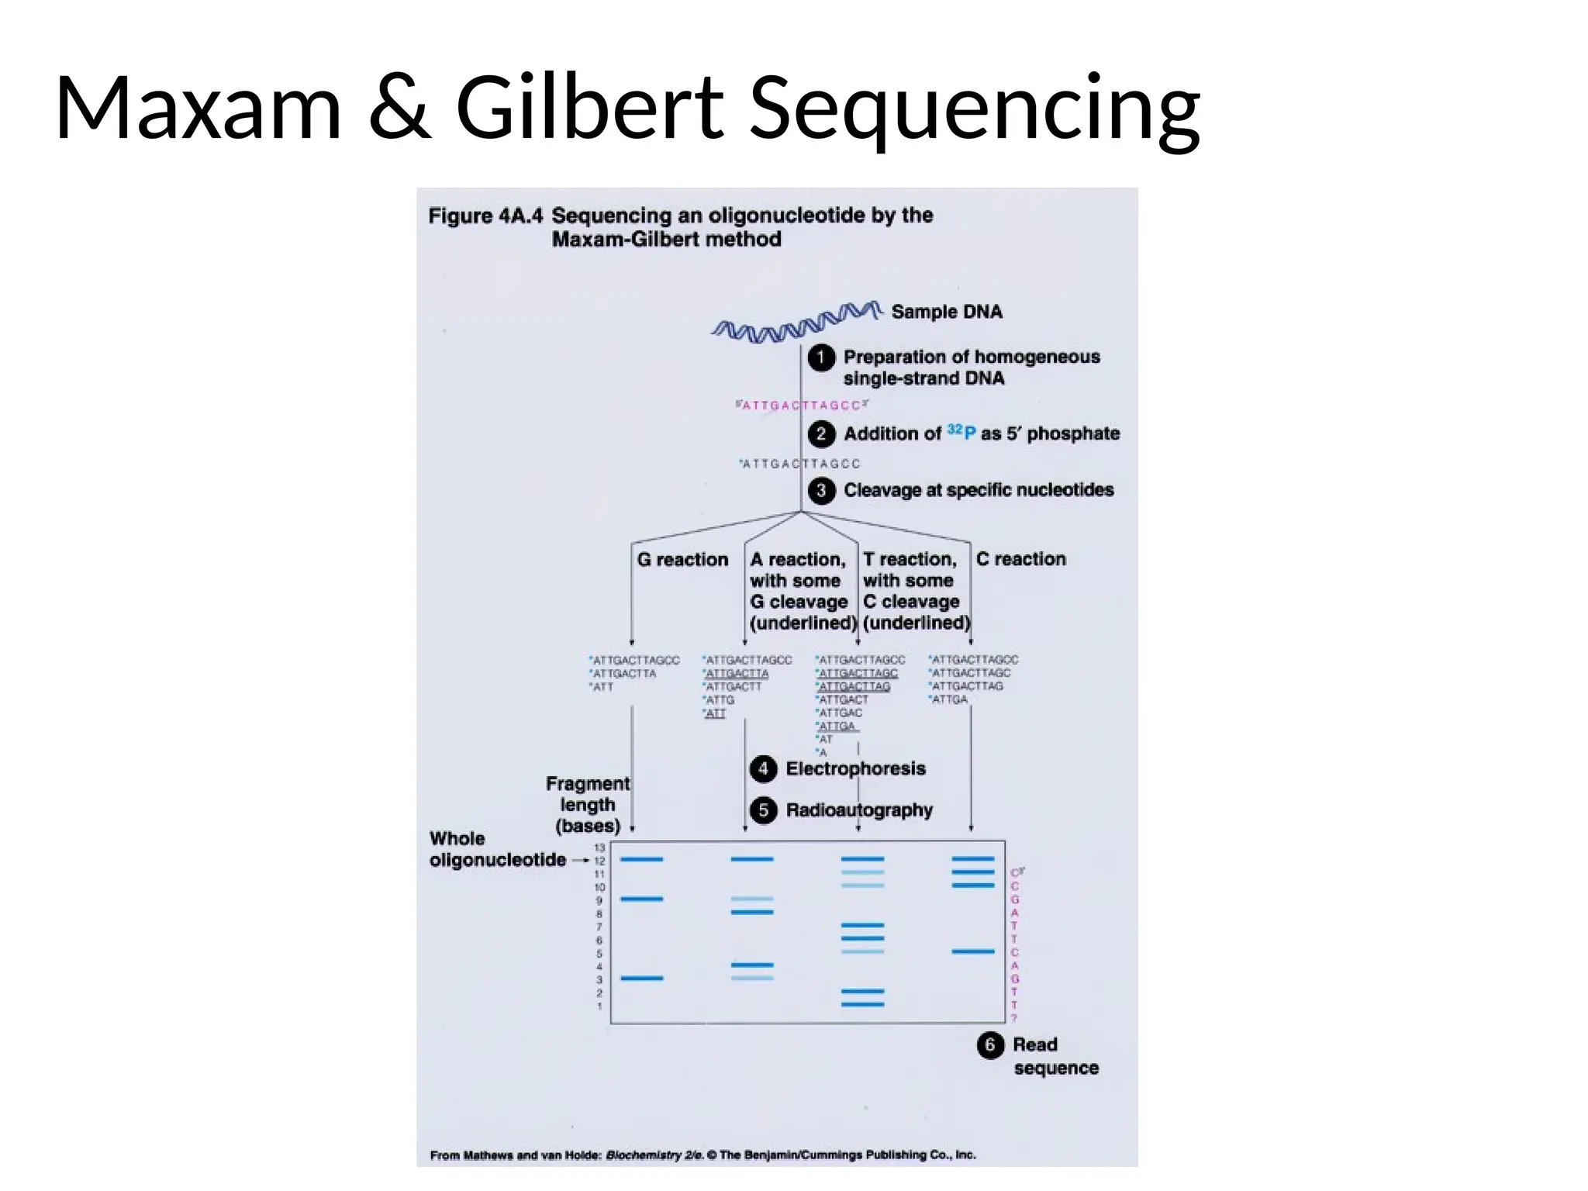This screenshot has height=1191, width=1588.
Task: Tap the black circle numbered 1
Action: click(x=821, y=358)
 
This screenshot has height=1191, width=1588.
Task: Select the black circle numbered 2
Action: click(x=821, y=433)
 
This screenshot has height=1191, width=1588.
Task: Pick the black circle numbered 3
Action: click(x=821, y=491)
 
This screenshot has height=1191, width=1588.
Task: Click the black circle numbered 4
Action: click(x=764, y=768)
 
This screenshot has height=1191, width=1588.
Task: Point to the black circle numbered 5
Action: click(x=764, y=810)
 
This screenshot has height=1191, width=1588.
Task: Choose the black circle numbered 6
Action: click(x=990, y=1045)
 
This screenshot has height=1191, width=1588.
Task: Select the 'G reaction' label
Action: click(x=682, y=560)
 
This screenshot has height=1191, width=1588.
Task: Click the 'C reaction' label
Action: click(x=1020, y=559)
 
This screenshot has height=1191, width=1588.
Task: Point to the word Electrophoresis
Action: click(x=855, y=768)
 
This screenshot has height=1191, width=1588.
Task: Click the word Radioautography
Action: click(x=859, y=810)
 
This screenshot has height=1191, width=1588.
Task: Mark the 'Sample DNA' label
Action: click(x=947, y=312)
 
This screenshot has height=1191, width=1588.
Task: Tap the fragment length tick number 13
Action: click(x=599, y=848)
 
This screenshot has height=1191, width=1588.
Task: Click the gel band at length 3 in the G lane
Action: click(x=642, y=979)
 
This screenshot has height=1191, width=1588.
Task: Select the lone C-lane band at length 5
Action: click(x=973, y=951)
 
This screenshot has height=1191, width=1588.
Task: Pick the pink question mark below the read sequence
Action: click(x=1014, y=1018)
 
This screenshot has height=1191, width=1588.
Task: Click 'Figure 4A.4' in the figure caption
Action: click(x=485, y=216)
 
